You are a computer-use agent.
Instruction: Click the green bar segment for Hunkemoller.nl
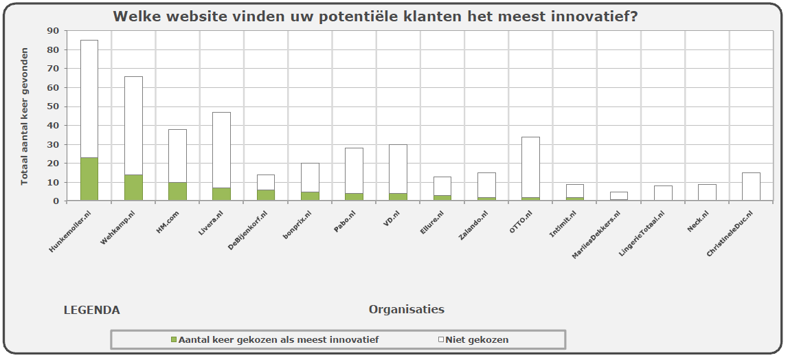tap(89, 179)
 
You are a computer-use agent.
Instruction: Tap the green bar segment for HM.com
tap(177, 192)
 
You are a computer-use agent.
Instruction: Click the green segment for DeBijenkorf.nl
tap(266, 195)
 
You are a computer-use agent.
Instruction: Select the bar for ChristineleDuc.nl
tap(751, 187)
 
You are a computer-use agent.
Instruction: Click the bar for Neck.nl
tap(707, 192)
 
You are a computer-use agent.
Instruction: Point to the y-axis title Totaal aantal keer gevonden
tap(25, 116)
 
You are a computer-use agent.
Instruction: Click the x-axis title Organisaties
tap(406, 309)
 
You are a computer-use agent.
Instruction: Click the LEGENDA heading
tap(91, 310)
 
